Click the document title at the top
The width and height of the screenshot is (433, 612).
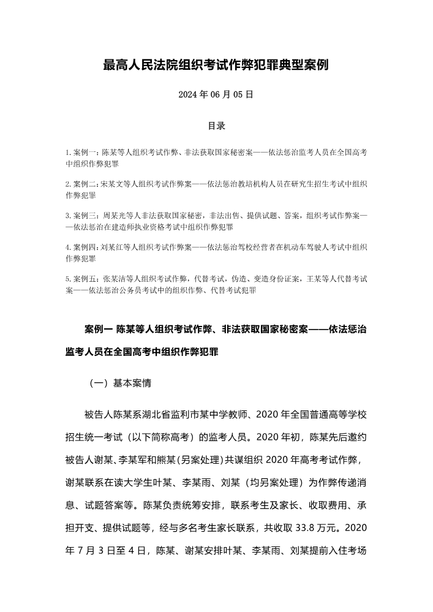pyautogui.click(x=216, y=65)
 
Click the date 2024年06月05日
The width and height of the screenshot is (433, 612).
pyautogui.click(x=216, y=95)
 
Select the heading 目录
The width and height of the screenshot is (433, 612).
pyautogui.click(x=216, y=126)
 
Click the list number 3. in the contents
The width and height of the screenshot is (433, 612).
pyautogui.click(x=68, y=216)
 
